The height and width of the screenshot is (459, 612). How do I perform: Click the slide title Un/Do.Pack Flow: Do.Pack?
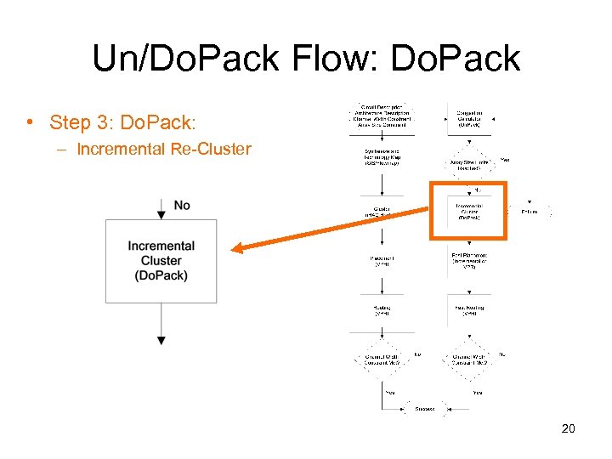(306, 59)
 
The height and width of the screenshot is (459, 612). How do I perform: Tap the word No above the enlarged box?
(181, 205)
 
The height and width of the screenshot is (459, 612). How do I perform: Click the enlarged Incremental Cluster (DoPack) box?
(161, 261)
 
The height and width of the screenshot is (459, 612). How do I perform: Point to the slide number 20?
(568, 428)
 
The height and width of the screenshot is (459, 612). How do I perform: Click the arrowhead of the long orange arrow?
(239, 248)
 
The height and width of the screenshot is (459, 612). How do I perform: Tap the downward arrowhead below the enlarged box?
(161, 340)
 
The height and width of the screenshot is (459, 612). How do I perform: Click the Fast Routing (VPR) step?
(464, 311)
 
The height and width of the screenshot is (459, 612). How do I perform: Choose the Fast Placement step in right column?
(464, 259)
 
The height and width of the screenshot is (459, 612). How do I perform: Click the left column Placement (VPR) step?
(382, 260)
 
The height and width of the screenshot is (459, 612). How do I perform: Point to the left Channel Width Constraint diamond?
(382, 360)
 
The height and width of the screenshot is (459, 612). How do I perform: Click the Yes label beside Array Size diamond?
(505, 159)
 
